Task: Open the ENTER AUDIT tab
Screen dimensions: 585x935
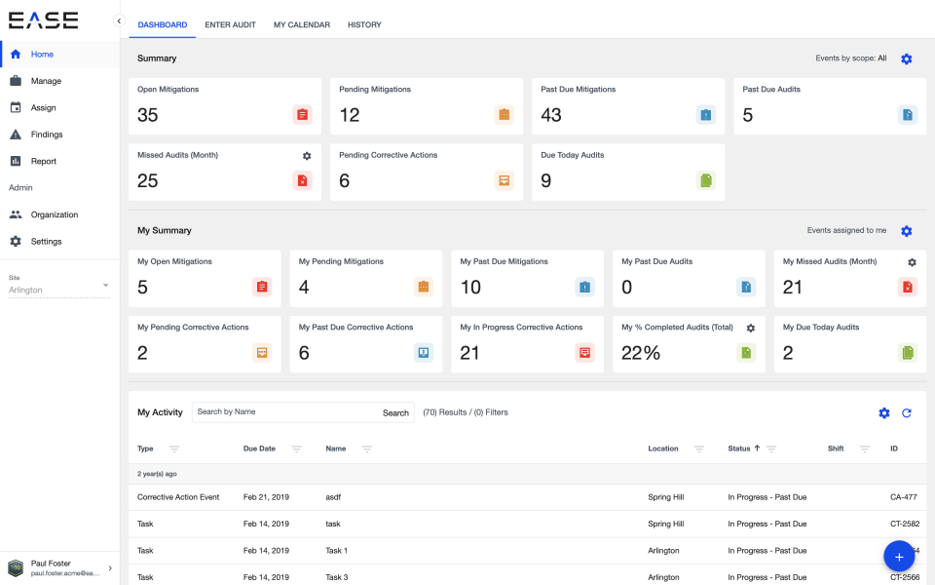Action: click(x=230, y=24)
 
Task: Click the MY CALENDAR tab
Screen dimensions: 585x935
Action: click(x=301, y=24)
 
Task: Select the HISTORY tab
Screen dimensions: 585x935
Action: click(x=364, y=24)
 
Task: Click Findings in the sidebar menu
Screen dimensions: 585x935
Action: click(x=46, y=135)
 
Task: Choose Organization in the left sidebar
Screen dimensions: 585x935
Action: click(x=54, y=214)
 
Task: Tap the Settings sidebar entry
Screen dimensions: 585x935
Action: click(x=46, y=241)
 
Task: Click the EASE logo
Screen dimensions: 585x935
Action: click(x=43, y=19)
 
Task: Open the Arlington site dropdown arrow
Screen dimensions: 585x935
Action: click(x=105, y=286)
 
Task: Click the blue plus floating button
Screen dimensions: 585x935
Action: click(x=898, y=557)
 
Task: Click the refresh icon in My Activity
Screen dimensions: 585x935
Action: click(x=906, y=413)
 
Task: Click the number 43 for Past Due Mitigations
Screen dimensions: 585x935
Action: click(x=551, y=115)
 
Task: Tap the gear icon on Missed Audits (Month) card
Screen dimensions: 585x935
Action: click(x=307, y=156)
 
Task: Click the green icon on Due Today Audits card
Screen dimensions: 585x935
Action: click(x=705, y=180)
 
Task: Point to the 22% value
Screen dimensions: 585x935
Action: click(x=641, y=353)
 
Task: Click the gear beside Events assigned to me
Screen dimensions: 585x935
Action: click(x=906, y=231)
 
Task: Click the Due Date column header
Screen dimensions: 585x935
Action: click(x=259, y=448)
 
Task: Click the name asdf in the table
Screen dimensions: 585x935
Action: click(x=333, y=497)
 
